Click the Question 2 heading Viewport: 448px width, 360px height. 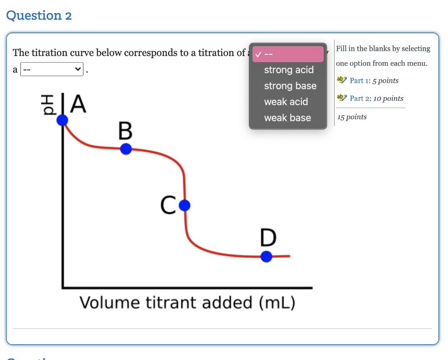pos(39,16)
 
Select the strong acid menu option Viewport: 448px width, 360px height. pos(288,70)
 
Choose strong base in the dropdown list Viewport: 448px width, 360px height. pos(290,86)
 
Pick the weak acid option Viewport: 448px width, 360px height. pos(286,102)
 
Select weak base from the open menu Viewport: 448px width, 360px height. pos(287,118)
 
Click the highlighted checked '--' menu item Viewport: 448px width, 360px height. pos(288,54)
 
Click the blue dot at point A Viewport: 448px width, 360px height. pos(63,120)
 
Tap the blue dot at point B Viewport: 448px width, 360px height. pos(126,149)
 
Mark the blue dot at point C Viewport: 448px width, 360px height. pos(185,205)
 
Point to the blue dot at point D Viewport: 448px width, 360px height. pos(266,256)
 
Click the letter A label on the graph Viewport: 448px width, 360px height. pos(78,104)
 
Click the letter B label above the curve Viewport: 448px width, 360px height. pos(125,131)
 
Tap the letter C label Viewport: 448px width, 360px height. pos(168,205)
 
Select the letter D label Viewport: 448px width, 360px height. pos(268,238)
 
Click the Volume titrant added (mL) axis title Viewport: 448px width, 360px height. pos(187,303)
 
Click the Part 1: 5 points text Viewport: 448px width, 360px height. pos(374,81)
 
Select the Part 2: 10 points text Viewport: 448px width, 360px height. pos(376,99)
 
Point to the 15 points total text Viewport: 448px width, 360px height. pos(352,117)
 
